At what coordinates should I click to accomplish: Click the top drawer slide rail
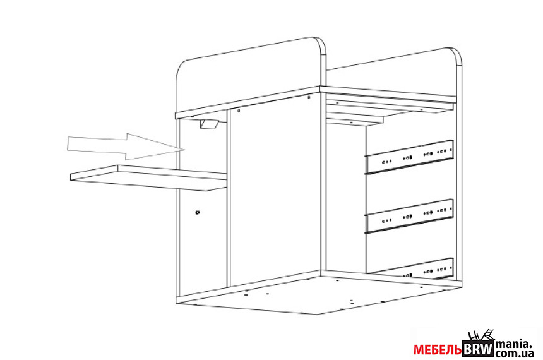coord(410,155)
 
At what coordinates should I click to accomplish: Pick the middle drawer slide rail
coord(410,215)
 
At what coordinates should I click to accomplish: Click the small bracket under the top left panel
coord(209,124)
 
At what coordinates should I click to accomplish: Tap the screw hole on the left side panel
coord(198,213)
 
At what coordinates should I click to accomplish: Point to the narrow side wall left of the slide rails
coord(346,196)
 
